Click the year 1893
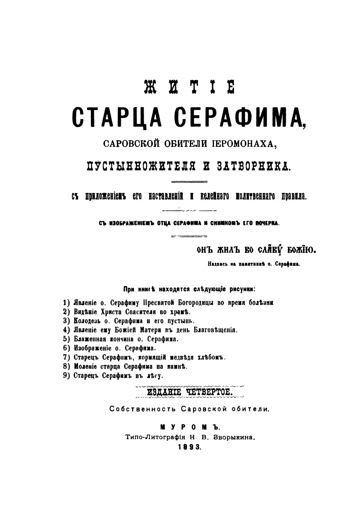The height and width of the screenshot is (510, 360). (189, 446)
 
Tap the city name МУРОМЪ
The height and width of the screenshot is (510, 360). (189, 427)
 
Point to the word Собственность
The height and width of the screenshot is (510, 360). (139, 409)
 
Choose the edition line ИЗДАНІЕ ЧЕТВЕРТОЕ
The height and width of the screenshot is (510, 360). (189, 391)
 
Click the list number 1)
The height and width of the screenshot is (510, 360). (66, 302)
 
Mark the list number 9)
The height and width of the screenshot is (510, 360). (66, 375)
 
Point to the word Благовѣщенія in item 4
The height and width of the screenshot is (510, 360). (213, 330)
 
